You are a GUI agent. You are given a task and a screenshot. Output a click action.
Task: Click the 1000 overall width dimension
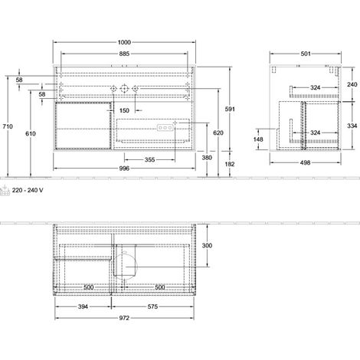[124, 42]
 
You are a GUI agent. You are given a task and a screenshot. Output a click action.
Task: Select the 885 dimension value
[124, 54]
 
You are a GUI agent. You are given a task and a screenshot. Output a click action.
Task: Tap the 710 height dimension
[8, 126]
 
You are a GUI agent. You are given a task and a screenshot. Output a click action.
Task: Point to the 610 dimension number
[31, 133]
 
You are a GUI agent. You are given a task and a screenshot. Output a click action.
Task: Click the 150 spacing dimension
[124, 110]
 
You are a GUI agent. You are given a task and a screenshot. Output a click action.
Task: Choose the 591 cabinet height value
[230, 109]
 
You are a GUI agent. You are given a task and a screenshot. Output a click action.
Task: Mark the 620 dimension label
[218, 133]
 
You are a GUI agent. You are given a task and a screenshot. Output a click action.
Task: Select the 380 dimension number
[207, 158]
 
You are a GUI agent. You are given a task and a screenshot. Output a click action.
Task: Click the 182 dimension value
[230, 164]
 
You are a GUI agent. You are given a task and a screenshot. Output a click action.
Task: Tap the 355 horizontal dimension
[149, 160]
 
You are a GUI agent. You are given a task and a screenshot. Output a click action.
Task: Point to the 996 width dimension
[124, 169]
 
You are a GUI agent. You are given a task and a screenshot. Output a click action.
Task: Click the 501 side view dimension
[306, 54]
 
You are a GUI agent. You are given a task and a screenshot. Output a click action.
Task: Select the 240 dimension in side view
[352, 84]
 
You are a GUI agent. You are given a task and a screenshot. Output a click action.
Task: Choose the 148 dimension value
[258, 139]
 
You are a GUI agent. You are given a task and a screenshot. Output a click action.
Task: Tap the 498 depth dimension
[305, 162]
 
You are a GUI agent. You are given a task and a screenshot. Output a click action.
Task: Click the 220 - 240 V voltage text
[28, 190]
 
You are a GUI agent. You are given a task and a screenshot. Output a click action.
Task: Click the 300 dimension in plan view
[207, 245]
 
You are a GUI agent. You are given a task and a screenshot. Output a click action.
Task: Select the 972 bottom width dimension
[124, 318]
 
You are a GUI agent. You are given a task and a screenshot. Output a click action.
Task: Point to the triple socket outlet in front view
[165, 127]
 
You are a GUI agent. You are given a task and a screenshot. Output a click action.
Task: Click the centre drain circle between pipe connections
[124, 89]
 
